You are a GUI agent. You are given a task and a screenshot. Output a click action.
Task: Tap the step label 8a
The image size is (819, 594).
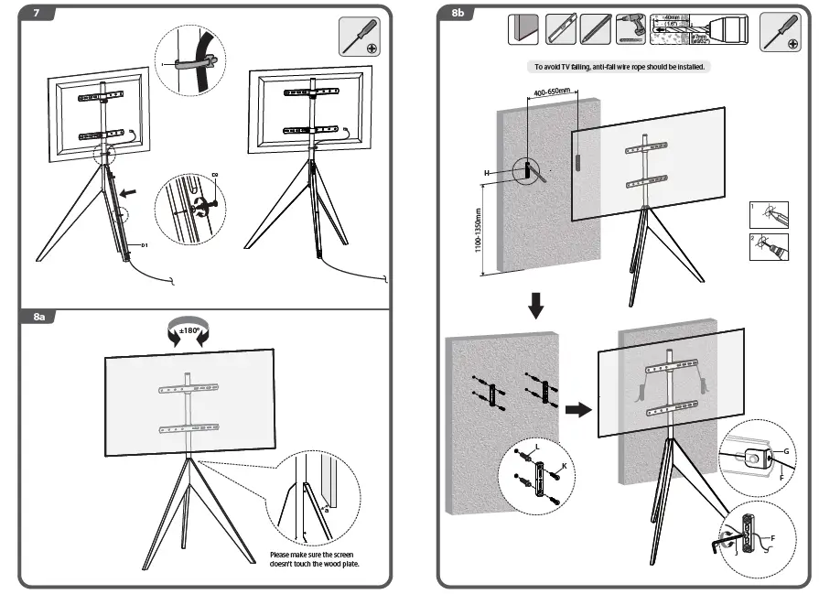(39, 317)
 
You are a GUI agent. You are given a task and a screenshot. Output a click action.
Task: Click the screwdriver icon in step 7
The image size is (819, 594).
(360, 36)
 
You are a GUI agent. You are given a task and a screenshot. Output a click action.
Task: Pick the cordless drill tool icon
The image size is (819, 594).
(630, 29)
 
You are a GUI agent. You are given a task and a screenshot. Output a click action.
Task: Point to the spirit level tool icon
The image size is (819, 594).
(561, 29)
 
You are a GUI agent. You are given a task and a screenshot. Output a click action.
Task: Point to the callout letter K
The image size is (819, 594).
(564, 467)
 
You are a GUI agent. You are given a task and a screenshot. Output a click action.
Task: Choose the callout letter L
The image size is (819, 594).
(535, 447)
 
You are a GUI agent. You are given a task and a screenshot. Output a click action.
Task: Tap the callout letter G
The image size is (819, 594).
(787, 451)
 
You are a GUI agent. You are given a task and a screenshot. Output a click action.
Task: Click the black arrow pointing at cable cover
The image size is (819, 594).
(135, 193)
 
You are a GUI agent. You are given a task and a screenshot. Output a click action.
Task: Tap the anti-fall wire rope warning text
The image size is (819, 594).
(620, 67)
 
